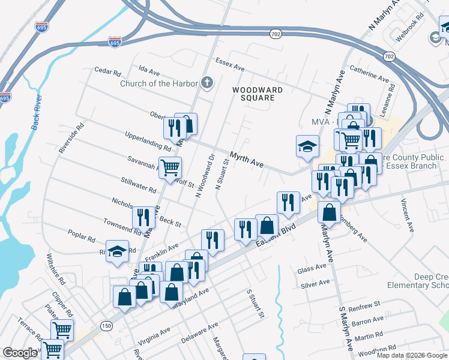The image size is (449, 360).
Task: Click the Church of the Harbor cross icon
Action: pyautogui.click(x=207, y=83)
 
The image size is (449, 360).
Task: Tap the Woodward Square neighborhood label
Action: pyautogui.click(x=258, y=94)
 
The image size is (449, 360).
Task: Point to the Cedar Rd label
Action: pyautogui.click(x=108, y=71)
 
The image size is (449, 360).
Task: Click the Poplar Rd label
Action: pyautogui.click(x=82, y=235)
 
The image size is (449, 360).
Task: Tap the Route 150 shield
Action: pyautogui.click(x=106, y=326)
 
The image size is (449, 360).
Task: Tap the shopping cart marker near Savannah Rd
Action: pyautogui.click(x=170, y=166)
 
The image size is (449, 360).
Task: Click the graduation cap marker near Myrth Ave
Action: pyautogui.click(x=307, y=146)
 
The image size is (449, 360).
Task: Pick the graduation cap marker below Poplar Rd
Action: pyautogui.click(x=117, y=250)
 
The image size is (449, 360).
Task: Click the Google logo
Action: pyautogui.click(x=20, y=353)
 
